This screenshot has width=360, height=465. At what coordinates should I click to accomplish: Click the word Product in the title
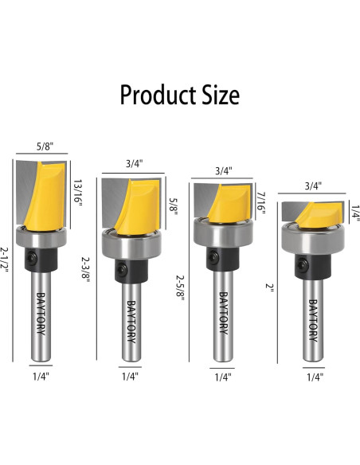pyautogui.click(x=158, y=95)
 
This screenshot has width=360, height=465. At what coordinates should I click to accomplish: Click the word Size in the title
pyautogui.click(x=221, y=95)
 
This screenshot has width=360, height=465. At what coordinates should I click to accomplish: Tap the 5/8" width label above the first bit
pyautogui.click(x=45, y=147)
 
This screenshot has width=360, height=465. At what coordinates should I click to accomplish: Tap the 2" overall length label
pyautogui.click(x=270, y=287)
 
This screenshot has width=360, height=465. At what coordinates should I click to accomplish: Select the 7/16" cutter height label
pyautogui.click(x=261, y=203)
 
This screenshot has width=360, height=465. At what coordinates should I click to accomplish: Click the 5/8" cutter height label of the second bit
pyautogui.click(x=173, y=205)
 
